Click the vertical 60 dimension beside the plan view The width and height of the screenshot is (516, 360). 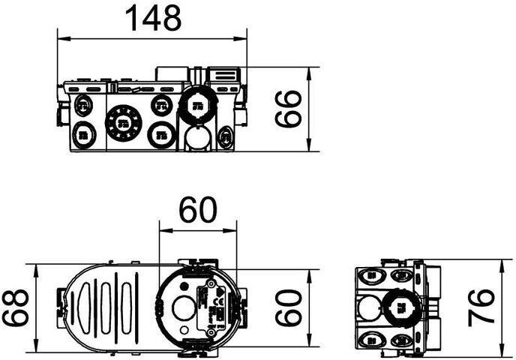[287, 307]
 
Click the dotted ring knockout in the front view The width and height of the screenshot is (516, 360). [123, 121]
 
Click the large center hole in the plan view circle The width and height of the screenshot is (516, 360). [181, 307]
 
